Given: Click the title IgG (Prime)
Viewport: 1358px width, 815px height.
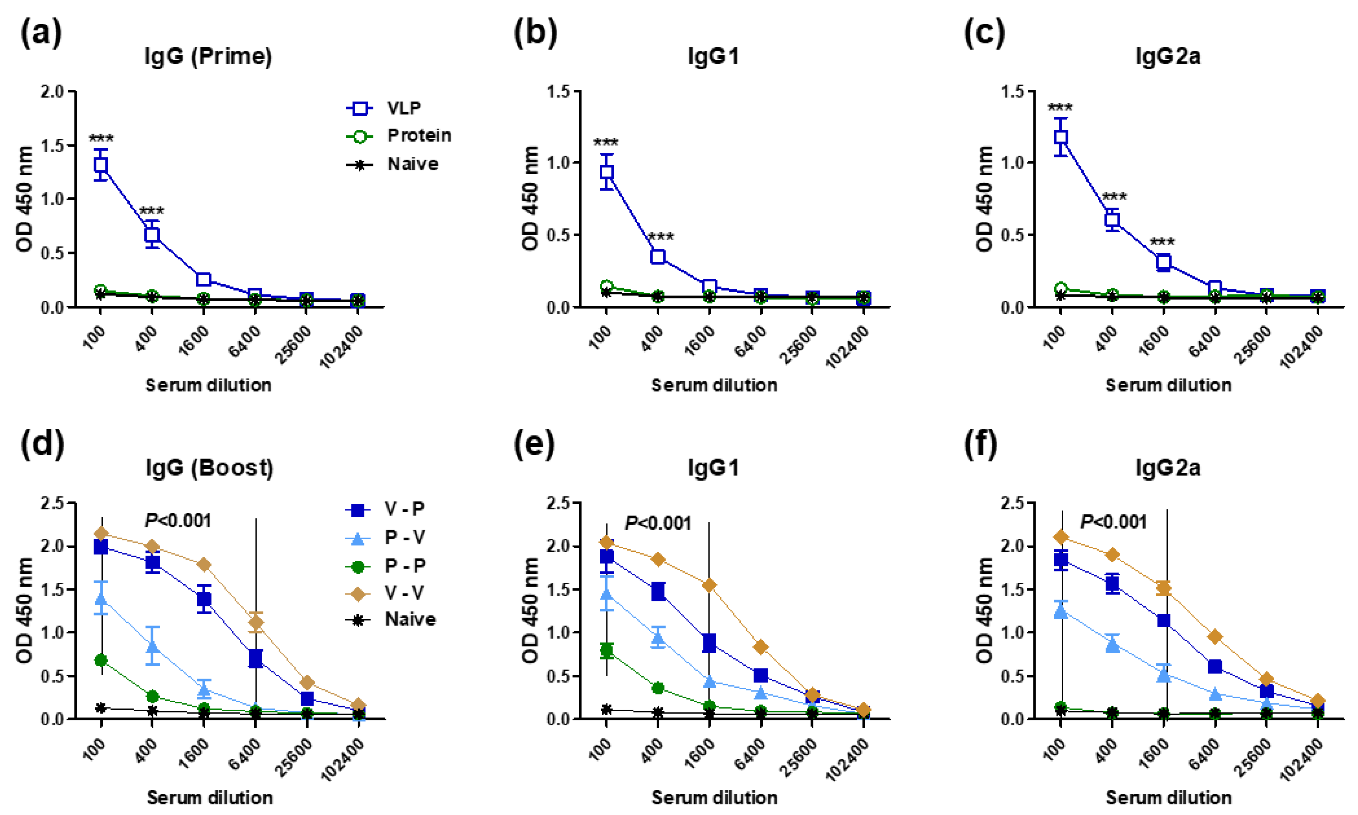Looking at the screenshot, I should (x=208, y=56).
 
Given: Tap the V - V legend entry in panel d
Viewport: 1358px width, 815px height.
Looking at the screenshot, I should (x=404, y=592).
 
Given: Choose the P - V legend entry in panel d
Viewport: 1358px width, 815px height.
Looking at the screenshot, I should (x=404, y=537).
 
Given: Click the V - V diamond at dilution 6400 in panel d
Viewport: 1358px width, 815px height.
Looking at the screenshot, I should (x=255, y=622).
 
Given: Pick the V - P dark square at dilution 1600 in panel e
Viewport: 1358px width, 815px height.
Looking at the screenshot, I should (x=709, y=643).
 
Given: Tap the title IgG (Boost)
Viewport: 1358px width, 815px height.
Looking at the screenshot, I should (x=209, y=468).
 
